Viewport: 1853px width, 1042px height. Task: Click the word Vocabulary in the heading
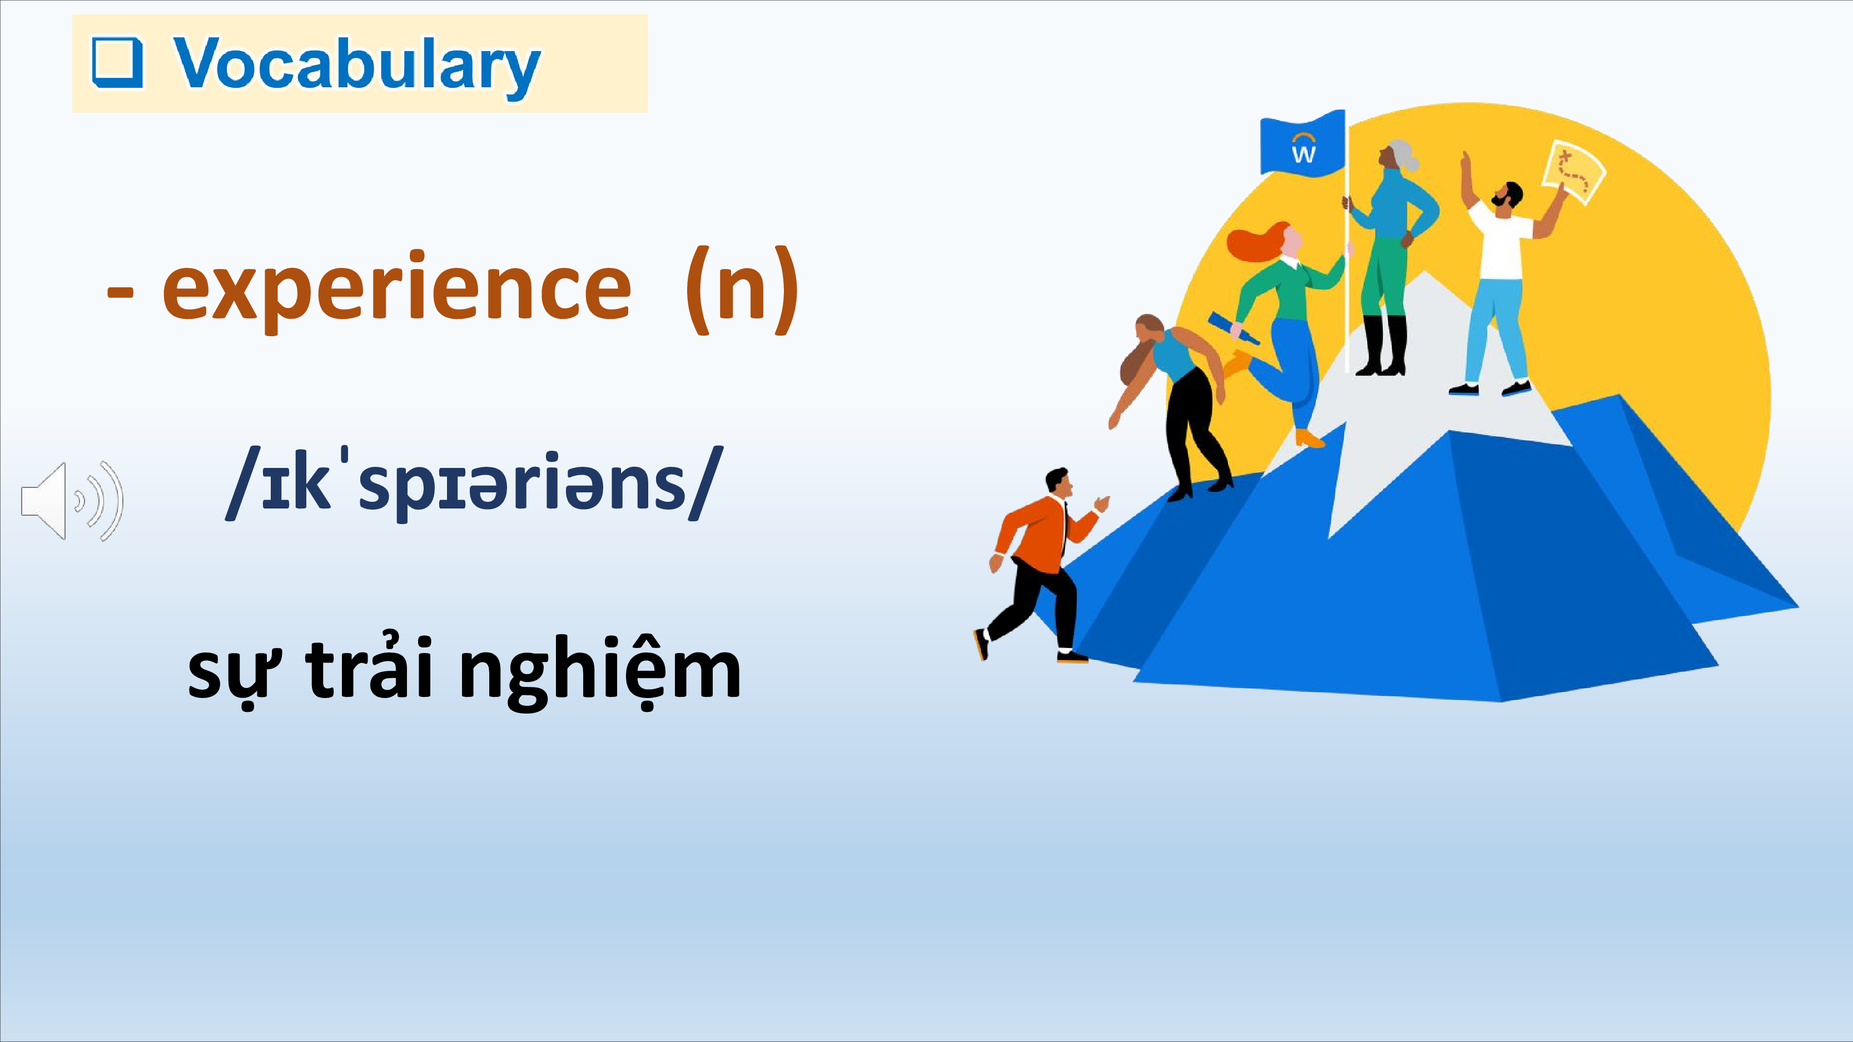click(x=357, y=64)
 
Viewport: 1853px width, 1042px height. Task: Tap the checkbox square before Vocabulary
click(x=118, y=63)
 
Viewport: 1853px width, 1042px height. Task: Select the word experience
click(x=397, y=289)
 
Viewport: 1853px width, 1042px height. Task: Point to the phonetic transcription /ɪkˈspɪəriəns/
click(x=470, y=483)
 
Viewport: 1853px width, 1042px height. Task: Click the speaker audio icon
click(x=72, y=501)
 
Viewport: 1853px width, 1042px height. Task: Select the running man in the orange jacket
click(x=1040, y=565)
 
